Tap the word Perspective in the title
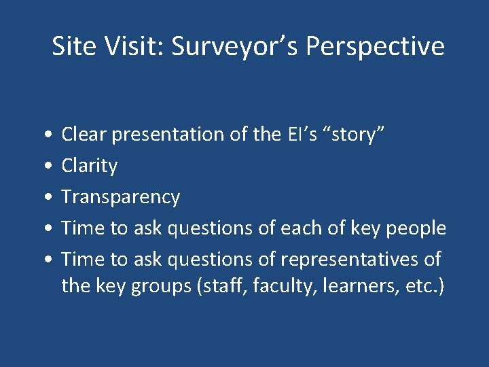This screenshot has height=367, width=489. [x=376, y=46]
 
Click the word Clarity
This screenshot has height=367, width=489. [x=90, y=166]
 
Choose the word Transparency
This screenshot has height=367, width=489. [x=121, y=197]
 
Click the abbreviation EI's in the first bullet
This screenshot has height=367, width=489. [x=302, y=135]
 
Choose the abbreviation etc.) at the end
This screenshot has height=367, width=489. [x=425, y=287]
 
